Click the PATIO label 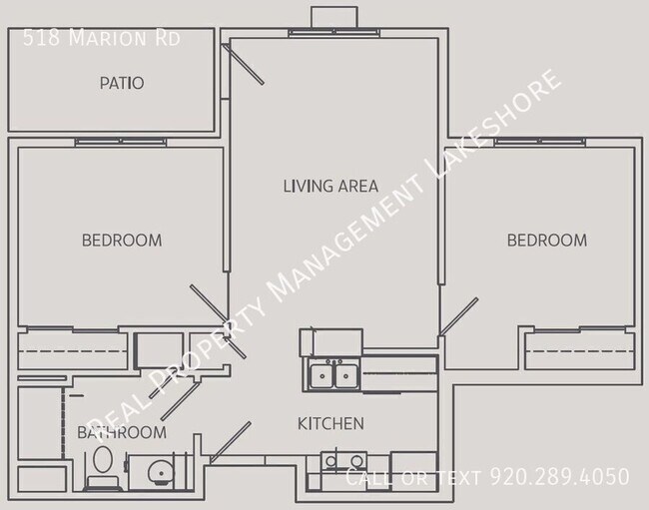pos(122,83)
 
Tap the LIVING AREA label pos(330,186)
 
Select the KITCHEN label pos(330,423)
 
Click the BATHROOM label pos(122,433)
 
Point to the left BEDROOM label pos(122,241)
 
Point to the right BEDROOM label pos(547,241)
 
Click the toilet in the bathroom pos(103,466)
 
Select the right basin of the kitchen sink pos(346,375)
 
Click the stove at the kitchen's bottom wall pos(343,462)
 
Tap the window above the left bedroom pos(121,143)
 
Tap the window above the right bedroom pos(540,143)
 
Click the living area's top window pos(334,33)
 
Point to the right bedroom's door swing pos(458,316)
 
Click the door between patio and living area pos(243,64)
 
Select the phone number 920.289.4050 pos(559,476)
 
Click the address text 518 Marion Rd pos(102,38)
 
